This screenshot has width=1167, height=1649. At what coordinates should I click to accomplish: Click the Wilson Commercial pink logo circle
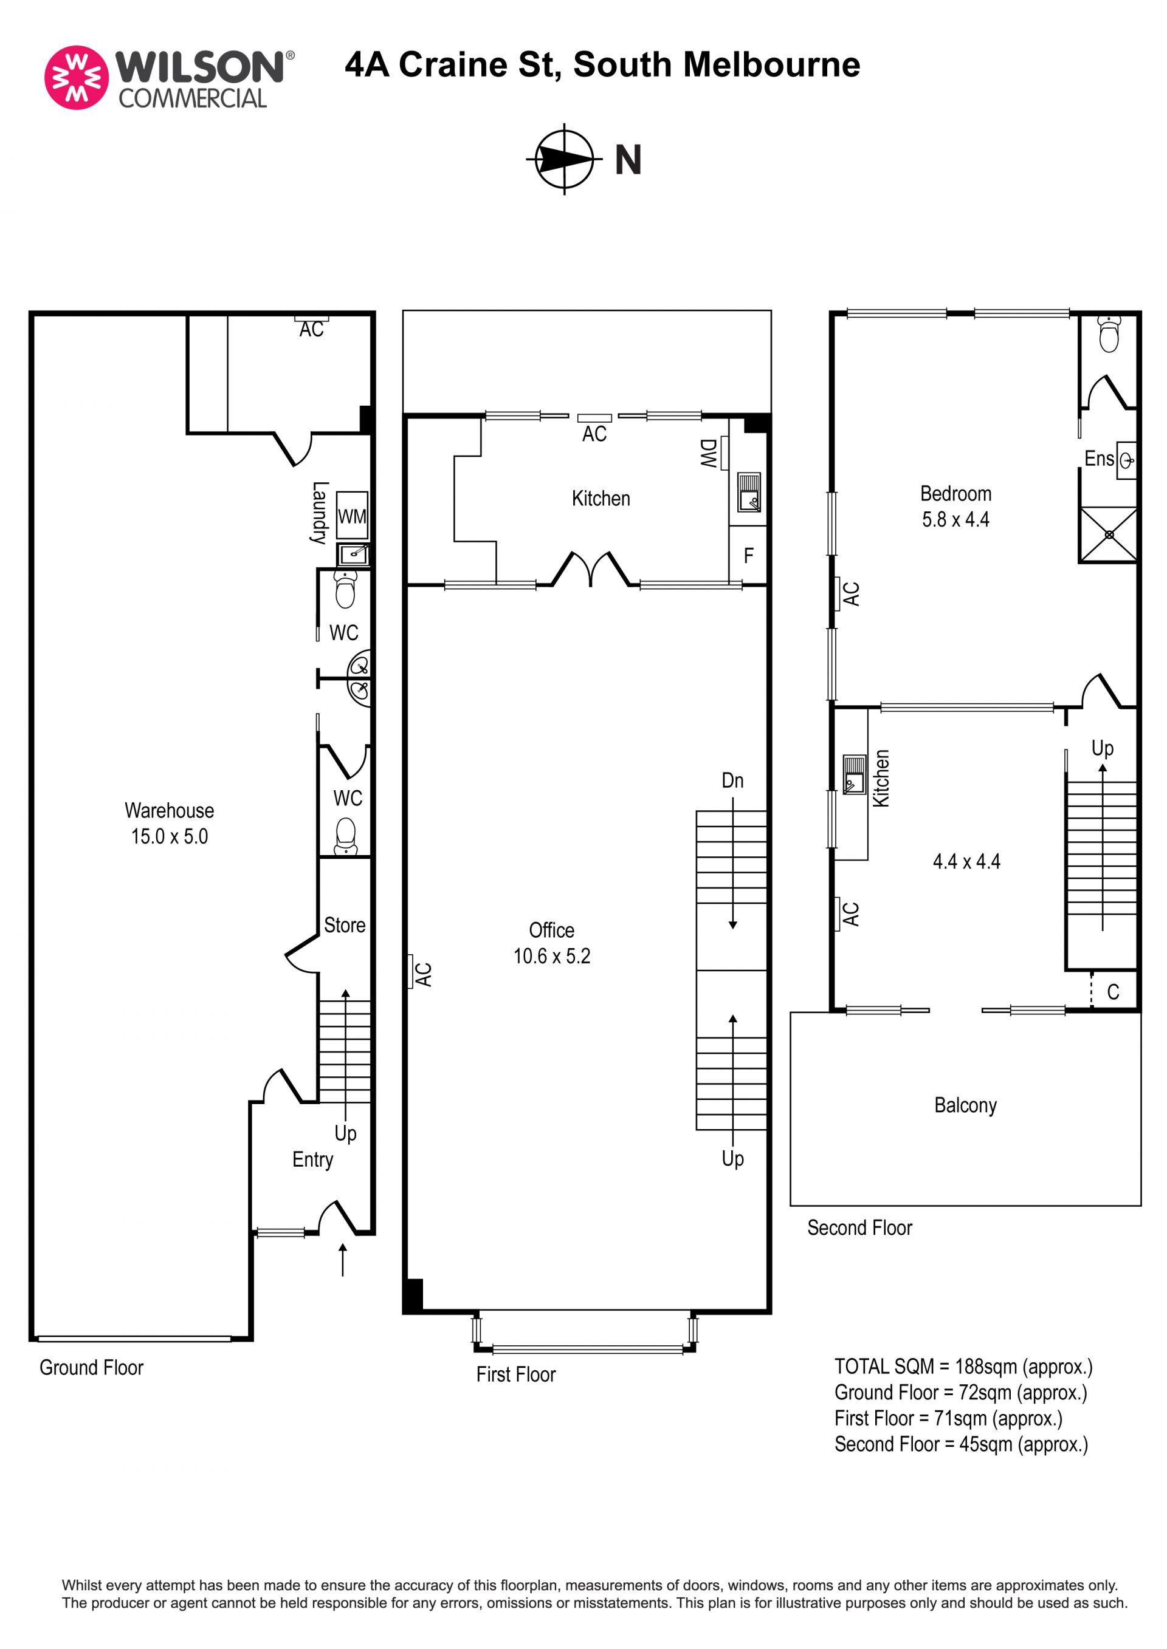coord(76,78)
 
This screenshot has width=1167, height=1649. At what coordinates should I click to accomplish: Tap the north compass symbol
coord(564,159)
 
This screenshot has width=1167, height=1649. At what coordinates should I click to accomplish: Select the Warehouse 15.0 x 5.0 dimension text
coord(170,836)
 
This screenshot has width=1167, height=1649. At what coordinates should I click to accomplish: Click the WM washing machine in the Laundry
coord(352,515)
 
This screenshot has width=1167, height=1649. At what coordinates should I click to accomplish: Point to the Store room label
coord(344,925)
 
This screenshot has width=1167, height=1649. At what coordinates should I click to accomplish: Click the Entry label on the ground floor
coord(312,1160)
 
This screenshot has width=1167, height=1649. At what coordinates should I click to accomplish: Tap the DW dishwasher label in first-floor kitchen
coord(709,453)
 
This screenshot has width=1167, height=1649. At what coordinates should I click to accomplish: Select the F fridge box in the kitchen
coord(748,555)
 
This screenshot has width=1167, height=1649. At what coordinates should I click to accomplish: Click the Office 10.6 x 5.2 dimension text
coord(552,956)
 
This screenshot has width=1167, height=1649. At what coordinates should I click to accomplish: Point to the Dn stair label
coord(732,780)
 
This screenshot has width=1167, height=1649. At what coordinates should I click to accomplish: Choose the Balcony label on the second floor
coord(965,1105)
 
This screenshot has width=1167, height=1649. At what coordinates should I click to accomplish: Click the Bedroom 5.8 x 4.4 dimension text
coord(955,519)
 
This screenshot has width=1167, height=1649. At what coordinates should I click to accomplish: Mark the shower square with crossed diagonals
coord(1109,534)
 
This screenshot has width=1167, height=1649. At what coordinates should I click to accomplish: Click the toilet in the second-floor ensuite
coord(1109,334)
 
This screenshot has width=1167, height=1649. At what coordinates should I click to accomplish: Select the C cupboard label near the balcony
coord(1113,992)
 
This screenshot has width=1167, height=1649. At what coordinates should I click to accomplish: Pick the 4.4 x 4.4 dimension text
coord(966,861)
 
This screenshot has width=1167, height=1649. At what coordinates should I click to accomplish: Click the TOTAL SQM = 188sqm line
coord(963,1366)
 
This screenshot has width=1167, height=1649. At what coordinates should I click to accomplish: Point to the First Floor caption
coord(516,1374)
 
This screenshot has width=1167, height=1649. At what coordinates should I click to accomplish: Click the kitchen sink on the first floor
coord(749,492)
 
